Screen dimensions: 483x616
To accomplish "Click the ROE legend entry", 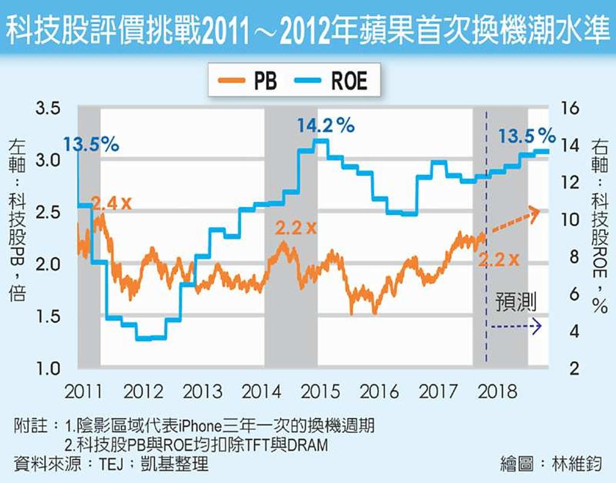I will click(333, 79).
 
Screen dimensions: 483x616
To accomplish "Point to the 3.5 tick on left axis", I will click(49, 110).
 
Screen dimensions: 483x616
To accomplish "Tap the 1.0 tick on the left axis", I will click(49, 368).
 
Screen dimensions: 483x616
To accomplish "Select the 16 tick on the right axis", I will click(570, 109).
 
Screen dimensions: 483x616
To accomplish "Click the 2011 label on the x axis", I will click(84, 392).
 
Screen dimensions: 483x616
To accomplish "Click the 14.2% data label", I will click(325, 125).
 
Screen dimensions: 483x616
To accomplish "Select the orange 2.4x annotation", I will click(111, 204).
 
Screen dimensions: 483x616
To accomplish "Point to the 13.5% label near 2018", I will click(527, 136).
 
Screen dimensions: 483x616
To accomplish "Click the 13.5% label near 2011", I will click(91, 145).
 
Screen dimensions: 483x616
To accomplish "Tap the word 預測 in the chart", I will click(516, 302).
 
